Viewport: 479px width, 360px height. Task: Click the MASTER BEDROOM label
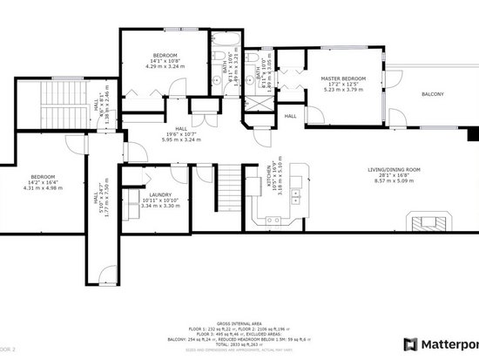click(341, 78)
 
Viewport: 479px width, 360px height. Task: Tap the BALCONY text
click(432, 94)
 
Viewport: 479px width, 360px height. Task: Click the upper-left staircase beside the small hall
click(63, 105)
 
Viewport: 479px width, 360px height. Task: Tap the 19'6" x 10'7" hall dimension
click(181, 134)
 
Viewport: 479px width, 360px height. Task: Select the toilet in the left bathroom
click(215, 78)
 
